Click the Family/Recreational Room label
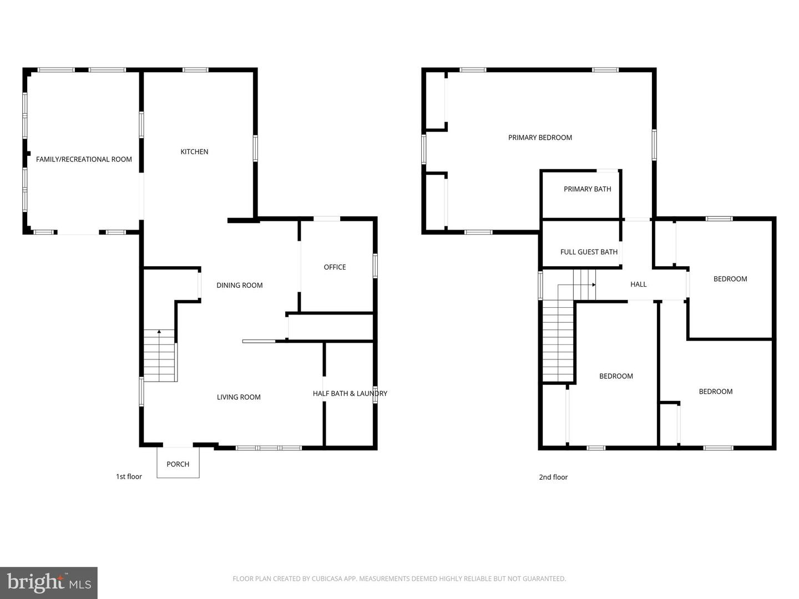[x=84, y=159]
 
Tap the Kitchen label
[x=194, y=151]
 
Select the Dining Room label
[x=239, y=285]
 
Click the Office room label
[x=335, y=267]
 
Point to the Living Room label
[x=239, y=397]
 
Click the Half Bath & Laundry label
[x=350, y=393]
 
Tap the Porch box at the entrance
[x=178, y=464]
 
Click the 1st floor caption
[x=129, y=476]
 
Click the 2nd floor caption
[x=553, y=477]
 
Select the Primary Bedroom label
[x=540, y=138]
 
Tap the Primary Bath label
[x=587, y=189]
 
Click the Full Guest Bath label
[x=589, y=252]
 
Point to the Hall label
[x=638, y=284]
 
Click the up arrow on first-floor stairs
[x=159, y=332]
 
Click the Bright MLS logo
[x=49, y=582]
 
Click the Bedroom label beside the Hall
[x=730, y=279]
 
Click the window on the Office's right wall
[x=375, y=266]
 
